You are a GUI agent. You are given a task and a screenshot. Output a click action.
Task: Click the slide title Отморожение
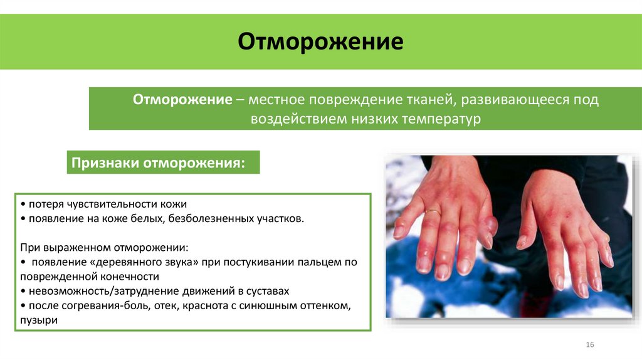[320, 43]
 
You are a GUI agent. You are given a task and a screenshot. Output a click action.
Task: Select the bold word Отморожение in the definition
[182, 100]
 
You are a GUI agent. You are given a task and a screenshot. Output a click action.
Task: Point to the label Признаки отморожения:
[157, 162]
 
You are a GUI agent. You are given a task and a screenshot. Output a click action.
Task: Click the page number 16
[589, 346]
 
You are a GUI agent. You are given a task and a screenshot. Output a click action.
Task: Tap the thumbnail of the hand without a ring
[521, 241]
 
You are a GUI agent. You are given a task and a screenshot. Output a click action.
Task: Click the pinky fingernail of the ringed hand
[399, 231]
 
